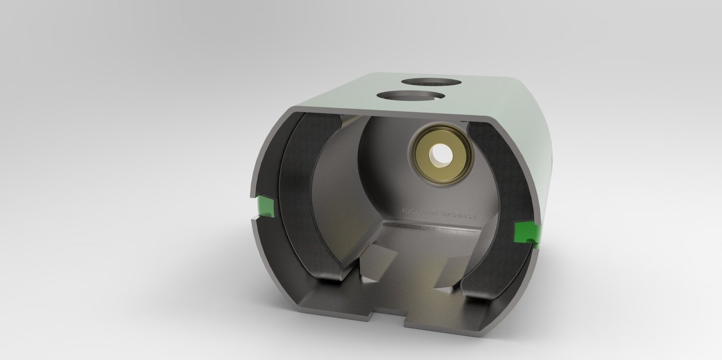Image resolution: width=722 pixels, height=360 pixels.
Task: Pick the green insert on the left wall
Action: point(265,206)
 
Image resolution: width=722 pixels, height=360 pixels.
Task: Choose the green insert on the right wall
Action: point(527,232)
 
